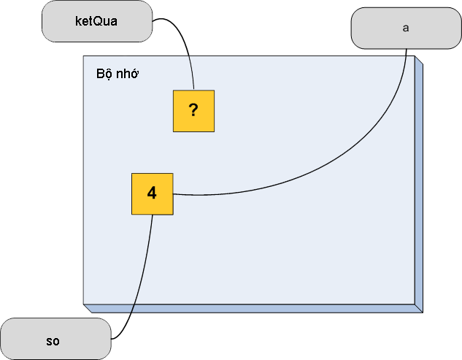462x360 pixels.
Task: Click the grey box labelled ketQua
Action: (97, 21)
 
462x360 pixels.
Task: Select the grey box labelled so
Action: (55, 339)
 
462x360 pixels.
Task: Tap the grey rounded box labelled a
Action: (407, 28)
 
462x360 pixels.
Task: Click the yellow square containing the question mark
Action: (193, 111)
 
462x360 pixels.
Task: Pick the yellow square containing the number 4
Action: (153, 194)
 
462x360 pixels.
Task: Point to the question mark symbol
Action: (193, 110)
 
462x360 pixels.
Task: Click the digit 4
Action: (152, 193)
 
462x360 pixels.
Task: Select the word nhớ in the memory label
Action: (127, 74)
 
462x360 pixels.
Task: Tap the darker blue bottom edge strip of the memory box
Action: (253, 308)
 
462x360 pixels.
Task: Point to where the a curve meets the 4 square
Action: (173, 194)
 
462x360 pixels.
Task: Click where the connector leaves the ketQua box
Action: (153, 20)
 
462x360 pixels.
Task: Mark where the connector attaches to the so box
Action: (112, 339)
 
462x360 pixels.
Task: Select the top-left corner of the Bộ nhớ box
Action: (83, 56)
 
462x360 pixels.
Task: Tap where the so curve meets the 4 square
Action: (153, 215)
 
